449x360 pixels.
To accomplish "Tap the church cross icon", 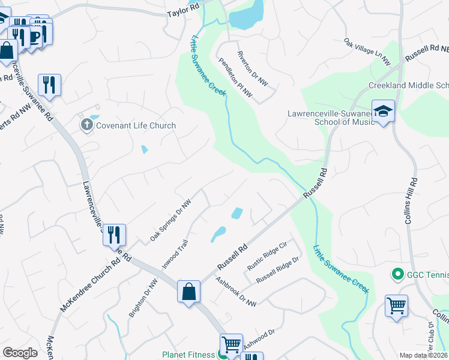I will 86,125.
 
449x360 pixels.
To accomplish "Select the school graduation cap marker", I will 383,111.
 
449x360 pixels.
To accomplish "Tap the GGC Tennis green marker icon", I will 397,275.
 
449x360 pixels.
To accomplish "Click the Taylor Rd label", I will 178,12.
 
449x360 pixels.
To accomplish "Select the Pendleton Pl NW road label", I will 236,78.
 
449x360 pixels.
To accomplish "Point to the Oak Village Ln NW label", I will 367,52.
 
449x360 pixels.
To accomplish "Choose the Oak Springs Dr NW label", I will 170,220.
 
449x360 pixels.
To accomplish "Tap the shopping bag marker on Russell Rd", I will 188,292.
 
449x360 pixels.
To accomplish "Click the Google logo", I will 20,353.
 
